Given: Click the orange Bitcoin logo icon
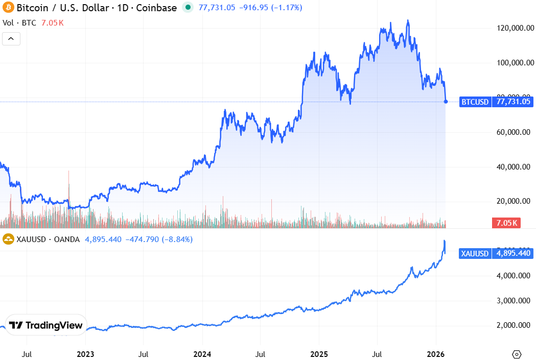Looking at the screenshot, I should coord(8,8).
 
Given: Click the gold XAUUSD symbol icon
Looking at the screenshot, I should coord(8,239).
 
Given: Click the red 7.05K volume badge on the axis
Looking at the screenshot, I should coord(506,223).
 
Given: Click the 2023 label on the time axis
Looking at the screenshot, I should coord(85,354).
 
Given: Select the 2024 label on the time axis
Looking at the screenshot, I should coord(202,354).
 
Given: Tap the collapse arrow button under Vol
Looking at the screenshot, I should coord(11,38).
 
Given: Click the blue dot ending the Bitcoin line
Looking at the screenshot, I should coord(446,102).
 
